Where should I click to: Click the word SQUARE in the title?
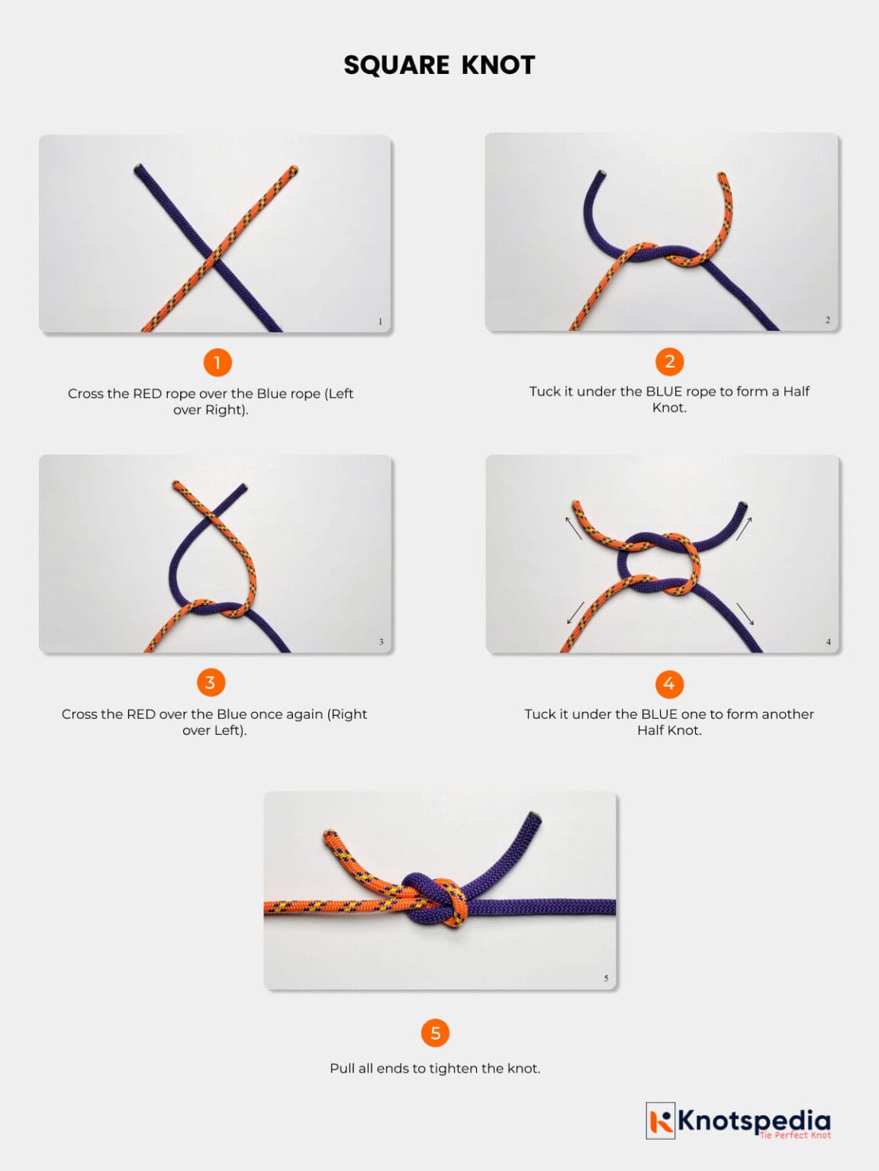pyautogui.click(x=396, y=66)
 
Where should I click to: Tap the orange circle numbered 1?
pyautogui.click(x=217, y=362)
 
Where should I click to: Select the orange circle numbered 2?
pyautogui.click(x=669, y=361)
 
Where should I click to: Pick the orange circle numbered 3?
pyautogui.click(x=211, y=682)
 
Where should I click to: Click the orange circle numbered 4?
pyautogui.click(x=669, y=684)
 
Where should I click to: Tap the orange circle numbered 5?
pyautogui.click(x=435, y=1033)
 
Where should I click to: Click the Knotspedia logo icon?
pyautogui.click(x=661, y=1121)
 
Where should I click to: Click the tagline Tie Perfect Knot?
pyautogui.click(x=794, y=1136)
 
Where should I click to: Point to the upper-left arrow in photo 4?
pyautogui.click(x=573, y=528)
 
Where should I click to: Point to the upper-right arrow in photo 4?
pyautogui.click(x=744, y=528)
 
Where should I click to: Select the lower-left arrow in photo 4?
pyautogui.click(x=575, y=613)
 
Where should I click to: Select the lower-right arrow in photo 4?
pyautogui.click(x=745, y=613)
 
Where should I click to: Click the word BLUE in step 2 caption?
pyautogui.click(x=664, y=391)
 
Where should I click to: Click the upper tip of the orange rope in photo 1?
pyautogui.click(x=293, y=169)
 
